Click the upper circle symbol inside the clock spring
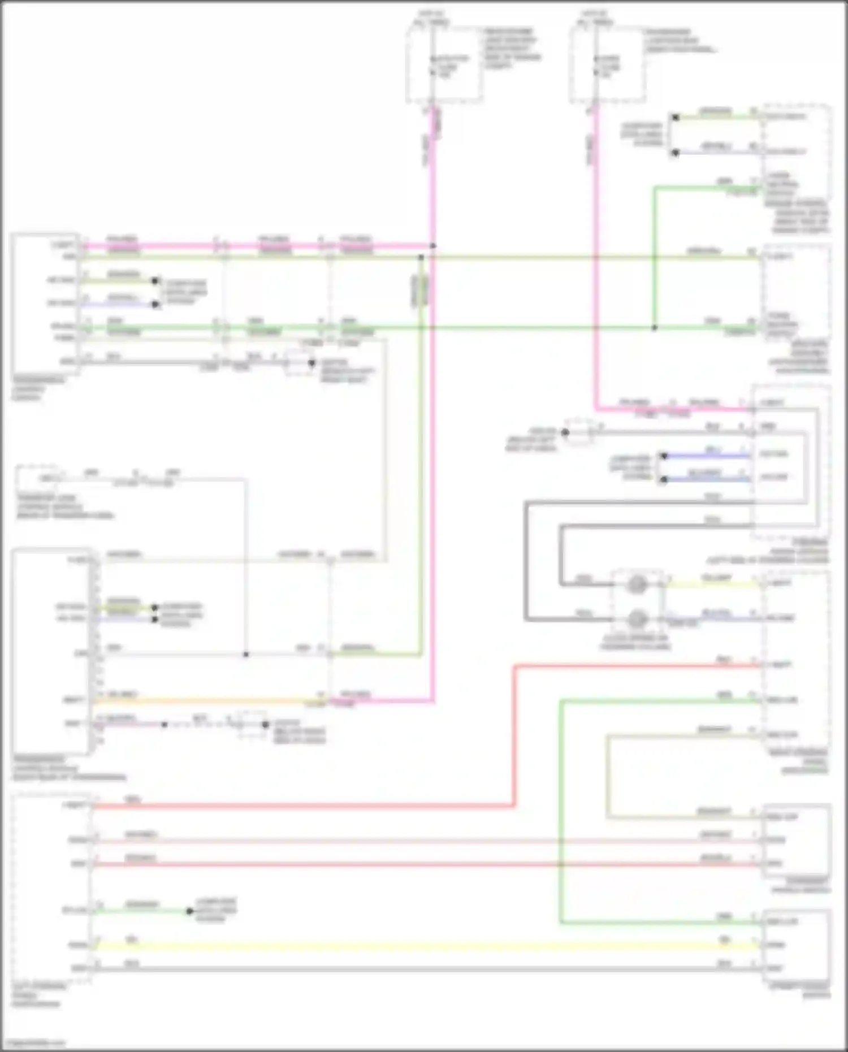coord(637,585)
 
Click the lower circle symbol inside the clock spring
coord(637,618)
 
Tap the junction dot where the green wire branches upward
coord(655,328)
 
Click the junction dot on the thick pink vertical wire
coord(433,246)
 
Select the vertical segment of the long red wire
coord(514,735)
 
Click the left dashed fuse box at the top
coord(444,65)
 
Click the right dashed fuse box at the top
coord(607,65)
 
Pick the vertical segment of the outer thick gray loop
coord(526,560)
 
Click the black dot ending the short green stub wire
coord(190,911)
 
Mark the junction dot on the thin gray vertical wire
coord(246,655)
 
